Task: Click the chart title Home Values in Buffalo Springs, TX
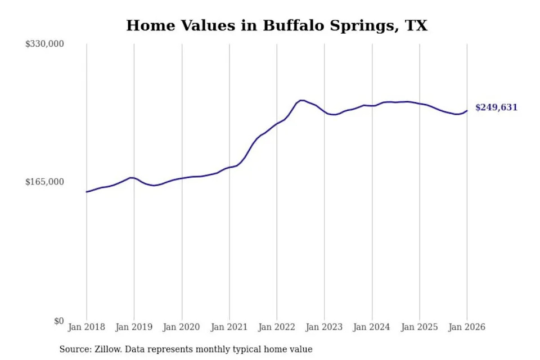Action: click(x=276, y=26)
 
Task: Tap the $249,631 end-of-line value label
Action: click(x=496, y=107)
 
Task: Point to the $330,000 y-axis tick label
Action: click(x=44, y=44)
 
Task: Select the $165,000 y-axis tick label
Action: click(x=44, y=182)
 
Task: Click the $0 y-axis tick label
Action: click(x=58, y=321)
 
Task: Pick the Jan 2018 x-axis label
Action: click(x=87, y=327)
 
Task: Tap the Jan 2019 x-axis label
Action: click(x=134, y=327)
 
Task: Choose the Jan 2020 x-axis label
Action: click(x=182, y=327)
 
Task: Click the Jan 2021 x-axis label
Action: click(x=229, y=327)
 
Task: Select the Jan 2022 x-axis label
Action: click(x=276, y=327)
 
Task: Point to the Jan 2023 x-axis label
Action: click(x=324, y=327)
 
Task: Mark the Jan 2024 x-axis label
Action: click(x=371, y=327)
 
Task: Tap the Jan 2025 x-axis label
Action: click(x=419, y=327)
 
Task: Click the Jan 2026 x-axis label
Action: click(x=466, y=327)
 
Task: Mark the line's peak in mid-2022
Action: click(x=301, y=100)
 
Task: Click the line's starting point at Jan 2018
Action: click(x=87, y=192)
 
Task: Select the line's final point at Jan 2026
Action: click(x=466, y=110)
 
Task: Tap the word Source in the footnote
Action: click(x=75, y=349)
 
